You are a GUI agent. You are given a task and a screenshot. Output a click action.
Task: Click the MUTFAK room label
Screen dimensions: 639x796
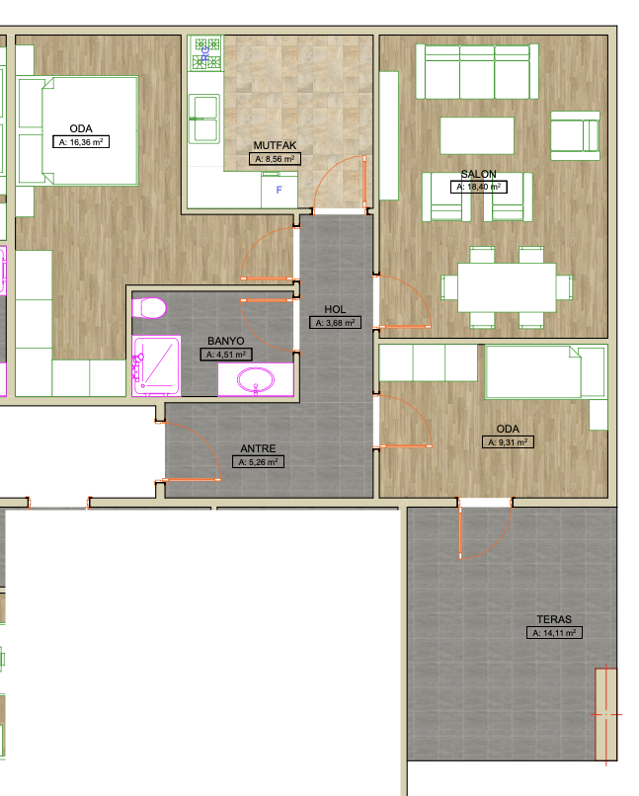tap(275, 145)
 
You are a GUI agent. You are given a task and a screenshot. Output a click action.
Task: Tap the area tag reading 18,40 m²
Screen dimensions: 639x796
tap(479, 187)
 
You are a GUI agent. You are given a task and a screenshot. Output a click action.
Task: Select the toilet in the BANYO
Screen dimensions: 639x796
tap(149, 308)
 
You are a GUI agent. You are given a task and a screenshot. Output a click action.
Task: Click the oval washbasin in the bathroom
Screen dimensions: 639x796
tap(256, 379)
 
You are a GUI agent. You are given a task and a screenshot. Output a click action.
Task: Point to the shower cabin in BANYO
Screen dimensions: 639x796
tap(156, 365)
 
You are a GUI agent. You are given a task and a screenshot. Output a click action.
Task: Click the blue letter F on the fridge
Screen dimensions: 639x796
tap(279, 190)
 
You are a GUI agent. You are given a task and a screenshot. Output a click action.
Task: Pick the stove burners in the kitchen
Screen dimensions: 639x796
tap(207, 53)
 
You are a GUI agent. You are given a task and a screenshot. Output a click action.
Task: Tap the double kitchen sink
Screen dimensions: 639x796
tap(205, 119)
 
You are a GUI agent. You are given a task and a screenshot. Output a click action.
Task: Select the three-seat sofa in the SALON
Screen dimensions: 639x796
tap(477, 71)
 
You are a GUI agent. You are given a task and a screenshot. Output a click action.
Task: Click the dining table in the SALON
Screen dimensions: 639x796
tap(507, 286)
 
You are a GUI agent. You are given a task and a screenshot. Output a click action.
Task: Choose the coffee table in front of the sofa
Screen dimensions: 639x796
tap(477, 135)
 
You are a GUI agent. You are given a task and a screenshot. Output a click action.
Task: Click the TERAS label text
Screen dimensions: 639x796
tap(554, 619)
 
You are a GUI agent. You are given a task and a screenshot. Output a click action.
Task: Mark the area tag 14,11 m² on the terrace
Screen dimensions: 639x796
tap(554, 633)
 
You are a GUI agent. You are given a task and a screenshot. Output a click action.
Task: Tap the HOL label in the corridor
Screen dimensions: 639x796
tap(335, 309)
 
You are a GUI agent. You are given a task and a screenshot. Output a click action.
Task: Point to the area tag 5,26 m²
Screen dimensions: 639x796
tap(258, 462)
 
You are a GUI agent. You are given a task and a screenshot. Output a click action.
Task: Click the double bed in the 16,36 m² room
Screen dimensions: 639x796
tap(90, 130)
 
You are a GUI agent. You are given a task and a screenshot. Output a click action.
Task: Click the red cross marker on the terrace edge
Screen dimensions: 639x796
tap(606, 714)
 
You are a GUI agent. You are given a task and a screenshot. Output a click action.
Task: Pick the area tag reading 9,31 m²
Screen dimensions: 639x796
tap(508, 442)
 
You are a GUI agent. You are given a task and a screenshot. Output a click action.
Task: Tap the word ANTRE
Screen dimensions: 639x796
tap(258, 448)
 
